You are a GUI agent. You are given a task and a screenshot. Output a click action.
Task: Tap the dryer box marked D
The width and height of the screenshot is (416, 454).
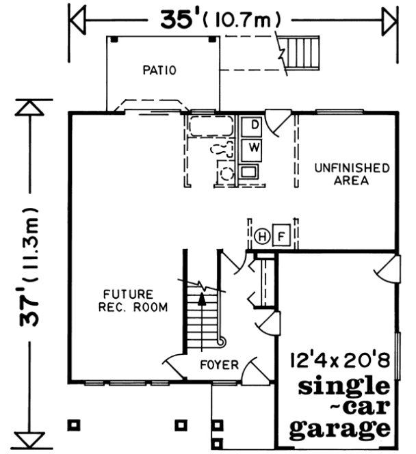point(254,125)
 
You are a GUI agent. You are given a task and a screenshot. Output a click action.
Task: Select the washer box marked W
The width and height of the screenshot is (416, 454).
point(254,147)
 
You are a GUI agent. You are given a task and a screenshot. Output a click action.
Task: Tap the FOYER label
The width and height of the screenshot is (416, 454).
point(219,364)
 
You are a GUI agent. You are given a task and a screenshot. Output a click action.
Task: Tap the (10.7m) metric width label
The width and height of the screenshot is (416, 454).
point(244,21)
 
